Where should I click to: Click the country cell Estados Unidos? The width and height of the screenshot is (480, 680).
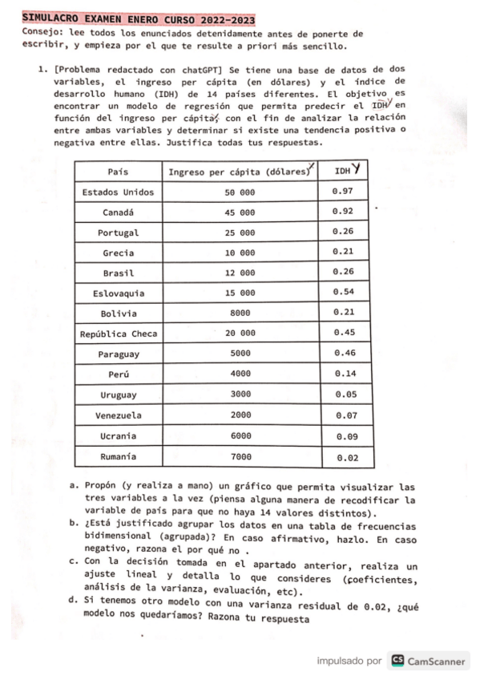point(119,192)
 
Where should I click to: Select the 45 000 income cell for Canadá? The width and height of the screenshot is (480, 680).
point(240,213)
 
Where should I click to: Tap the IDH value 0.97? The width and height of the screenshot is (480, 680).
point(344,192)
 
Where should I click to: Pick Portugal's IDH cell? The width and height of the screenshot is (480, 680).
point(344,233)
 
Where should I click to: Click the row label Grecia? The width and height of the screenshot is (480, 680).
point(119,253)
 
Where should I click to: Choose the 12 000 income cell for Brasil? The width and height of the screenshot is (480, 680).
point(240,273)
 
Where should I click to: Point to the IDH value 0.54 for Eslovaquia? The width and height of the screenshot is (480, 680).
point(344,292)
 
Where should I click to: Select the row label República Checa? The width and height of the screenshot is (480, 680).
point(119,334)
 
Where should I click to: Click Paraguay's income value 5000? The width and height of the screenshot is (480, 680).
point(240,354)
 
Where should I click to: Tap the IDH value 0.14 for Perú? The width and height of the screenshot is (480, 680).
point(344,374)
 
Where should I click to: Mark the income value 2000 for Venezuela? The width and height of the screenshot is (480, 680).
point(240,415)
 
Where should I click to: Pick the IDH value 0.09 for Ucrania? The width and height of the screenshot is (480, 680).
point(344,436)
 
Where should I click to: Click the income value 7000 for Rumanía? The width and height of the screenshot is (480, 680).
point(240,456)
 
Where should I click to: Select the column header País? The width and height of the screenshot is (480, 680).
point(119,172)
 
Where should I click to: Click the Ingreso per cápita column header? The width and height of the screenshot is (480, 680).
point(239,172)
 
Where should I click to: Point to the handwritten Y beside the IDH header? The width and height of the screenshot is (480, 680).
point(355,169)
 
